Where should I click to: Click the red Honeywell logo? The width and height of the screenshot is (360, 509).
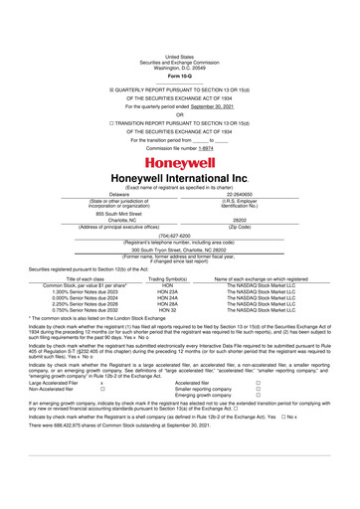tap(180, 162)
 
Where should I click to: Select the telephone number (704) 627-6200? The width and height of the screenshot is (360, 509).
tap(179, 236)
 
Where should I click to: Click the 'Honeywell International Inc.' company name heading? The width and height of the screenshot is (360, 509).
tap(180, 179)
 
